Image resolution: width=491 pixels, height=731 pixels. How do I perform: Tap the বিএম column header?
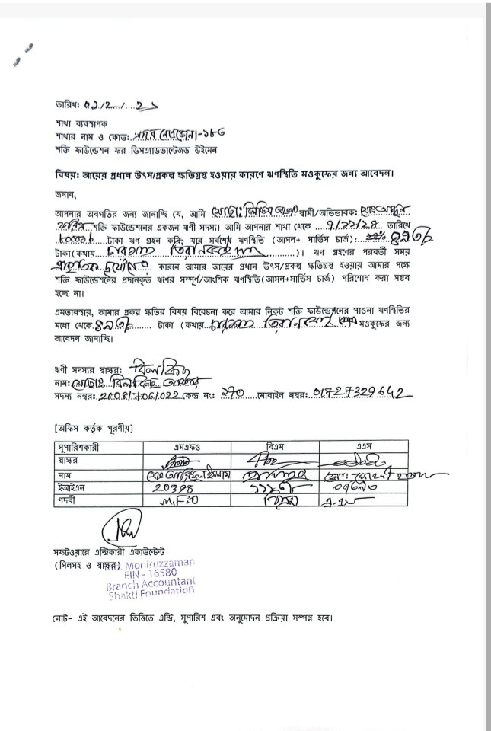pyautogui.click(x=277, y=445)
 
